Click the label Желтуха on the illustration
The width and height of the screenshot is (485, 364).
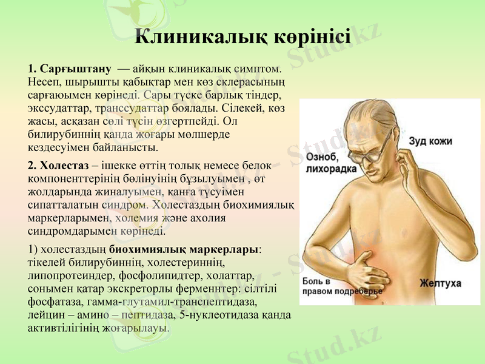point(441,283)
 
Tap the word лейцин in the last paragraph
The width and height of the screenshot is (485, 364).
point(45,315)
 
